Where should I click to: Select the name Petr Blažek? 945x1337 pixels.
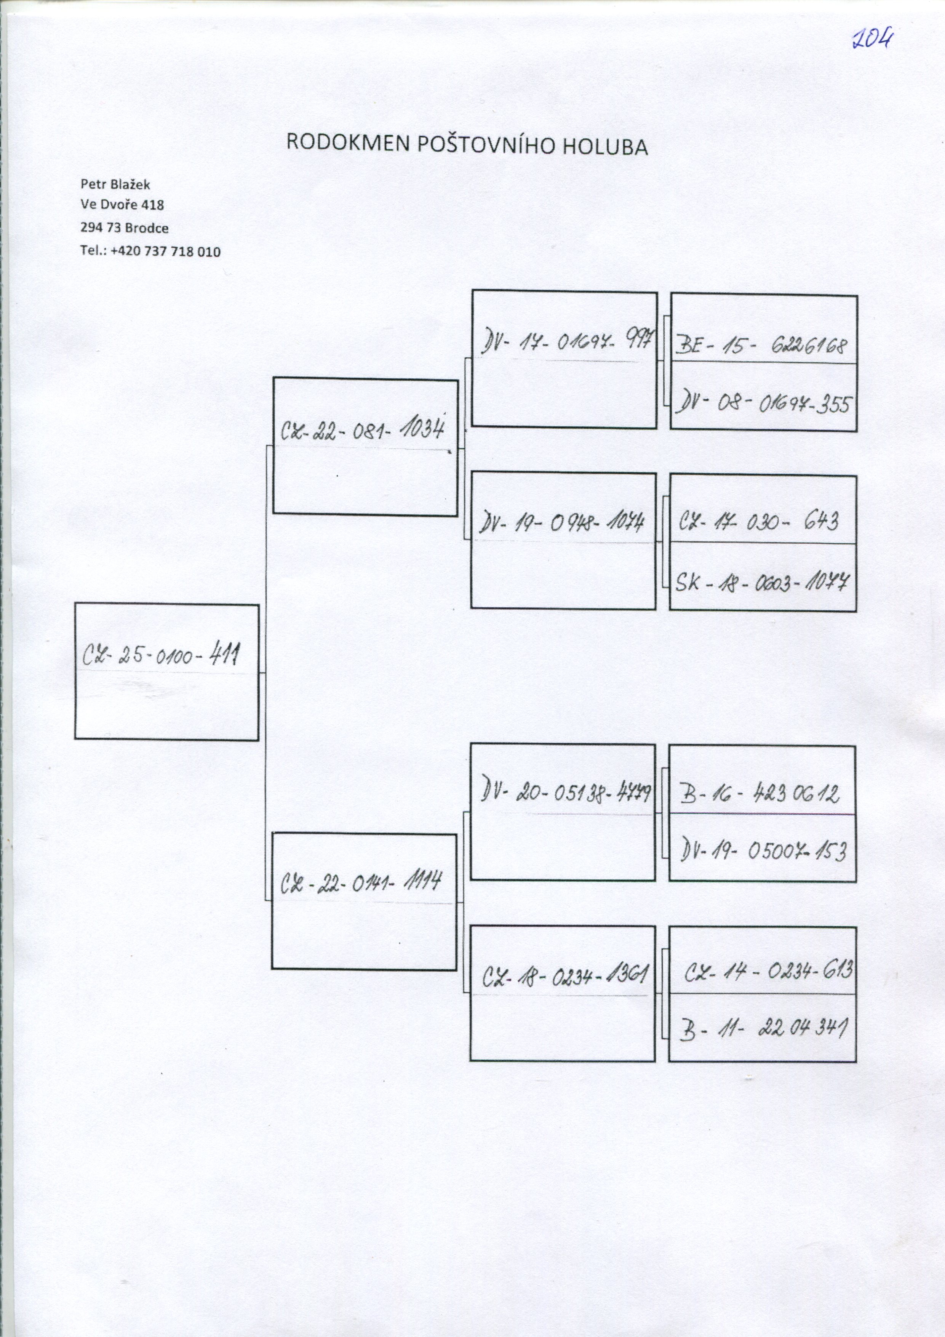coord(115,184)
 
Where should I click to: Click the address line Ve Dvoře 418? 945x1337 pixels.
coord(122,205)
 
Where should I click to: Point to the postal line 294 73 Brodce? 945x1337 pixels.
coord(125,228)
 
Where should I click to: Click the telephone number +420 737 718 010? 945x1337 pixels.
coord(165,251)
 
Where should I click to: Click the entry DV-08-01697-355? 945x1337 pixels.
coord(763,403)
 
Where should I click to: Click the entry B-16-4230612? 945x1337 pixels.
coord(760,793)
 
